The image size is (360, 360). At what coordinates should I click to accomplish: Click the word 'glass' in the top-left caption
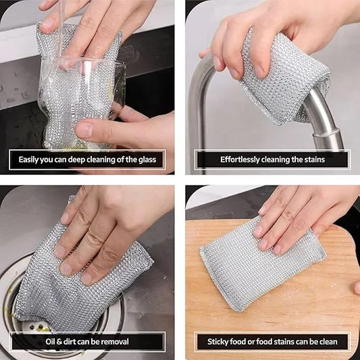click(x=145, y=160)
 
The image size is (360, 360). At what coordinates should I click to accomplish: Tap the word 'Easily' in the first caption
click(x=30, y=160)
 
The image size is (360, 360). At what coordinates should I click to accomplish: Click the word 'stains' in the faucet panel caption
click(x=311, y=160)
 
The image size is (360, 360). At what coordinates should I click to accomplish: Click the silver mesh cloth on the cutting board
click(x=257, y=270)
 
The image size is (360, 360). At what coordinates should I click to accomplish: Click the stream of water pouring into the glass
click(x=61, y=27)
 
